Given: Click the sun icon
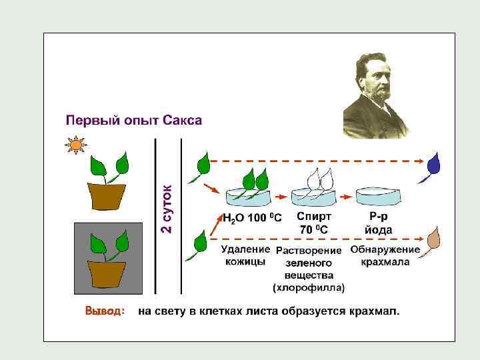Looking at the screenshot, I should [76, 145].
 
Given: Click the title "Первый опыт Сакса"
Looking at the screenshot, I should [133, 120].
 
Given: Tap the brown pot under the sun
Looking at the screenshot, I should [107, 195].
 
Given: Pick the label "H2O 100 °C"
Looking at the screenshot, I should [252, 219].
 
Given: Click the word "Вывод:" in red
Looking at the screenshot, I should [105, 311].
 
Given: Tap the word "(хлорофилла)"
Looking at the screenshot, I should [309, 288].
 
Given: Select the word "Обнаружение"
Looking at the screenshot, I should [385, 249].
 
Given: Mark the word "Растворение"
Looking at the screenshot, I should [310, 251].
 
